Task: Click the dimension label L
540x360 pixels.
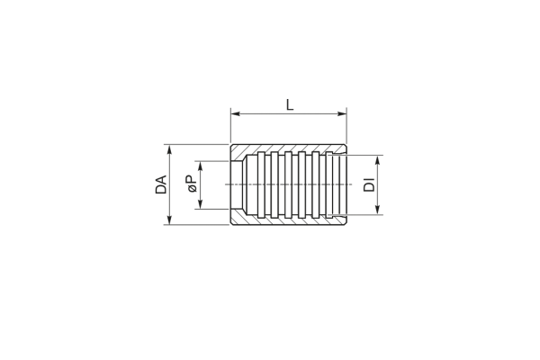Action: coord(290,104)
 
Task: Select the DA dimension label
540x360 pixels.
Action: coord(161,184)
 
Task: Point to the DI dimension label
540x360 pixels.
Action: coord(370,184)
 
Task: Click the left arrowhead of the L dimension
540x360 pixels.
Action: coord(235,113)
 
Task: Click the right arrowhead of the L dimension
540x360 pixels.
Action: coord(342,113)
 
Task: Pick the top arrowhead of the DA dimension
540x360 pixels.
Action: coord(169,148)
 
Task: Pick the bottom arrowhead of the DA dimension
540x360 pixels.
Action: coord(169,220)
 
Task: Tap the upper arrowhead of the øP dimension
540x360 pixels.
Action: coord(201,166)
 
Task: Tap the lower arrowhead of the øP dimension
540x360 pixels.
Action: coord(201,204)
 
